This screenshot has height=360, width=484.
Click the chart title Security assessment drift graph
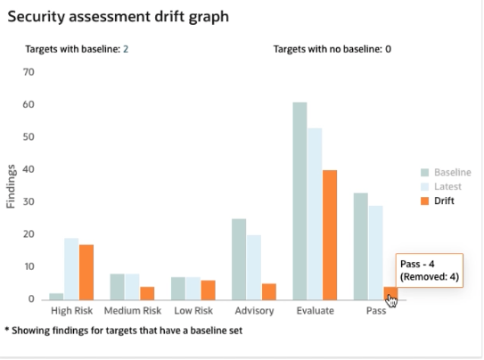(118, 15)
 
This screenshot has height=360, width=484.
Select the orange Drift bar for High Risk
(86, 271)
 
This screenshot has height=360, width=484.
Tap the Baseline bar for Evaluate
(299, 200)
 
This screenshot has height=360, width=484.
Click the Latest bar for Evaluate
(315, 213)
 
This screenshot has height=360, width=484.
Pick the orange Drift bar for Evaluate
(330, 234)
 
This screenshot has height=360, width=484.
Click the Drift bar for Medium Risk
(147, 292)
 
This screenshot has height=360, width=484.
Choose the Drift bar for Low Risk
(208, 290)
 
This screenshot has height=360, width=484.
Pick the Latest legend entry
(446, 186)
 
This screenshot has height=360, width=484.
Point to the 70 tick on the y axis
(29, 71)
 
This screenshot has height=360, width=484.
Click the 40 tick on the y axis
(29, 168)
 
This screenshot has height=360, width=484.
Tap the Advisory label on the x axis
(254, 312)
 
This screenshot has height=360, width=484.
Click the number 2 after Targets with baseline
(126, 49)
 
